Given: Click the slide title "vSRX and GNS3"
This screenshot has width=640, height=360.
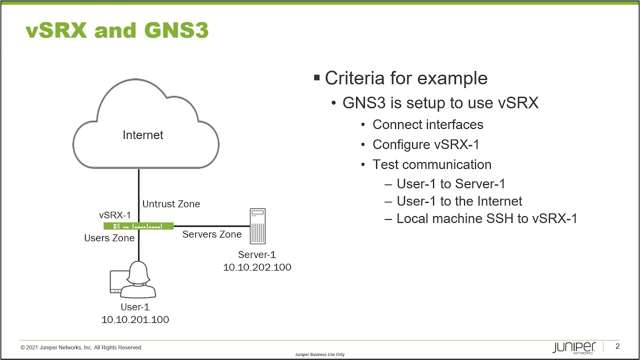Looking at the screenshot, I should click(117, 31).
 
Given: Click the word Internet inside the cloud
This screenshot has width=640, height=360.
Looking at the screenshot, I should click(143, 135).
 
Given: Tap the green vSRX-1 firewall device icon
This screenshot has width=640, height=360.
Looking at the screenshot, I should click(138, 226).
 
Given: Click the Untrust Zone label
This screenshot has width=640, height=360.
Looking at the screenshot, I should click(171, 204).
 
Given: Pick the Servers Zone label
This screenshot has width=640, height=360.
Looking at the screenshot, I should click(212, 234).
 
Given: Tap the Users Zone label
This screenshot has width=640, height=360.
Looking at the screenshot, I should click(109, 238).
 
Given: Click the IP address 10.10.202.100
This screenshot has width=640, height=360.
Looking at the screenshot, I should click(257, 267).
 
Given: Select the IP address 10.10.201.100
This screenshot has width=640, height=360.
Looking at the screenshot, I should click(135, 319).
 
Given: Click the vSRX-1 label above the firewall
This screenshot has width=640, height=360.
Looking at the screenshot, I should click(115, 215).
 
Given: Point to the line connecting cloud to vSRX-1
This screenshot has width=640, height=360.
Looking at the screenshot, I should click(139, 195).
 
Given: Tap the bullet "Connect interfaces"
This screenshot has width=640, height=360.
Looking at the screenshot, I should click(428, 124).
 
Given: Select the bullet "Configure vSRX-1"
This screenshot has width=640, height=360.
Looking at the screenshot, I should click(426, 144).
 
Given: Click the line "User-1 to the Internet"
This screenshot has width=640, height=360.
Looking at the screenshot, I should click(459, 201).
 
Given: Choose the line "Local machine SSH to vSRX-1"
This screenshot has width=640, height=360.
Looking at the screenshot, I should click(486, 218).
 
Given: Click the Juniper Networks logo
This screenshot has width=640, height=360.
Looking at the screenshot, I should click(574, 347).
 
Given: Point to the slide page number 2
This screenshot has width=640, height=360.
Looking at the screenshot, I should click(617, 346).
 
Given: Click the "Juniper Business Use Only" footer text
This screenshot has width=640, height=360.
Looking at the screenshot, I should click(320, 354).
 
